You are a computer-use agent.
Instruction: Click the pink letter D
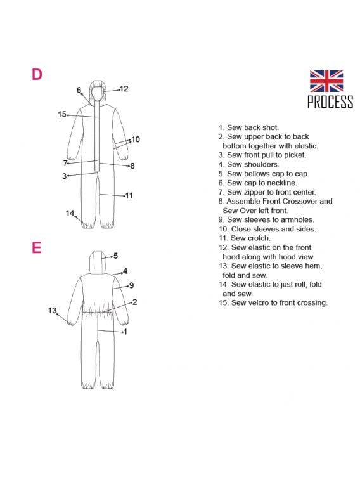(37, 74)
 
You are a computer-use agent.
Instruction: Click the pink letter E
(36, 248)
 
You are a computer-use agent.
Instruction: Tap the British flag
(326, 81)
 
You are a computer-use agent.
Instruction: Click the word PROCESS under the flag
(330, 101)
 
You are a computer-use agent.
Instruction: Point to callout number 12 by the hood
(124, 89)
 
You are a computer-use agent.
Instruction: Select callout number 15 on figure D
(61, 114)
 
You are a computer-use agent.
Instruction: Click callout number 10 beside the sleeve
(136, 139)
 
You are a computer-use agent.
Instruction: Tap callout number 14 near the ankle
(70, 213)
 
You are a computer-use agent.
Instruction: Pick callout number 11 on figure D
(129, 195)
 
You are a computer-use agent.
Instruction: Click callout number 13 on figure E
(52, 311)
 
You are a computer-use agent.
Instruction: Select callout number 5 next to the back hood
(115, 256)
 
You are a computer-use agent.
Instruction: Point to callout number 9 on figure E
(132, 285)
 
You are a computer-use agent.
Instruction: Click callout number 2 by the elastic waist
(134, 302)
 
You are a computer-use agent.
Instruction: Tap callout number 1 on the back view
(125, 332)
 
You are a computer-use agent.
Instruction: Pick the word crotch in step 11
(259, 238)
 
